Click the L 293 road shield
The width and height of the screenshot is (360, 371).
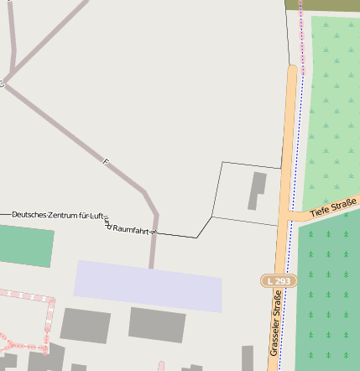279,280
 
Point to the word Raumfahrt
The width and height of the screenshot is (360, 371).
131,228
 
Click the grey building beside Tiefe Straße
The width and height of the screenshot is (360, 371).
256,191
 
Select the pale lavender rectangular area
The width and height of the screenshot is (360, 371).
148,285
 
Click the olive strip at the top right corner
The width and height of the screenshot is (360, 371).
322,5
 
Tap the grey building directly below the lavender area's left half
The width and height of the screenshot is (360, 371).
84,326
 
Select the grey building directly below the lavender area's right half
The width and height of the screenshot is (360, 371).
156,325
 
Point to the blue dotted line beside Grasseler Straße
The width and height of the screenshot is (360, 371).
290,168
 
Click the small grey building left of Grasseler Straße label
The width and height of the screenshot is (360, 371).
248,356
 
